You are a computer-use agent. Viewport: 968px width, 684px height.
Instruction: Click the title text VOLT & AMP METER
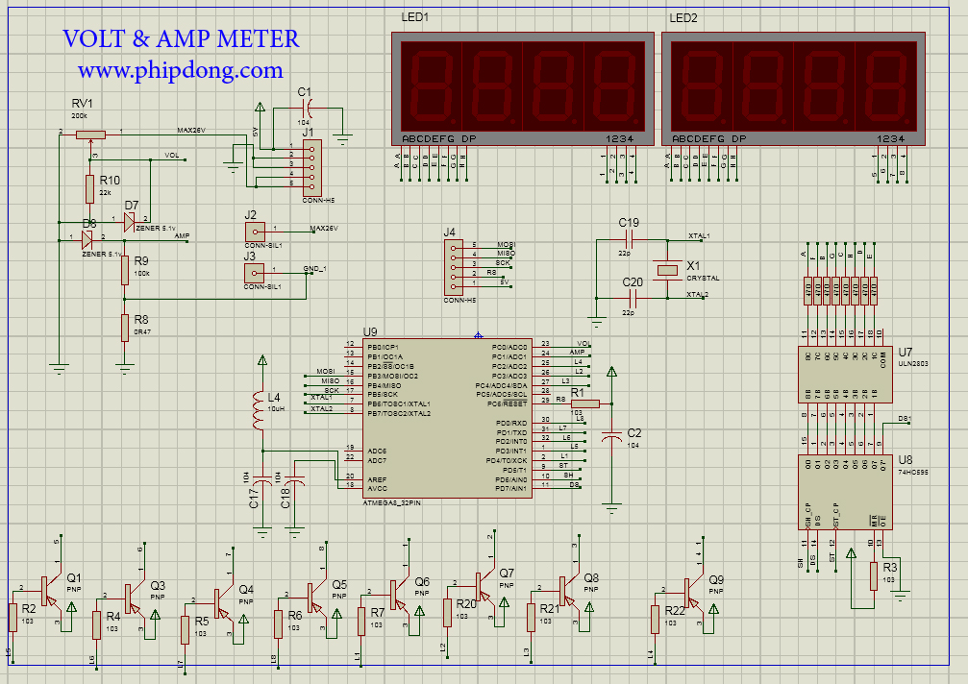tap(181, 39)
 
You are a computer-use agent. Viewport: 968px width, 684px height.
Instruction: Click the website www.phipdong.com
tap(181, 70)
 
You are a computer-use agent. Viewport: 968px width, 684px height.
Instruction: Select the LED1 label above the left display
tap(414, 18)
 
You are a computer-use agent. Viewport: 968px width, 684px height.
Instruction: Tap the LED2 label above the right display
tap(683, 18)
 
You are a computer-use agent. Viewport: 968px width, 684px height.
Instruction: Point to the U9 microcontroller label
tap(370, 331)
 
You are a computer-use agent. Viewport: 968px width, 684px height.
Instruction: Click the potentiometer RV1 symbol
tap(90, 135)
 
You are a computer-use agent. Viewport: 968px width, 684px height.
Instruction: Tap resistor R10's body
tap(90, 189)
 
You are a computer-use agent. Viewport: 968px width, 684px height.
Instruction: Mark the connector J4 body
tap(452, 268)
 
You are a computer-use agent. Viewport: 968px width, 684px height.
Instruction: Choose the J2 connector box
tap(254, 231)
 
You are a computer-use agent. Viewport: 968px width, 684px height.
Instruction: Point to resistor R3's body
tap(874, 574)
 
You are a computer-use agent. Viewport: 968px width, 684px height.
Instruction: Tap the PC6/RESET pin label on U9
tap(509, 404)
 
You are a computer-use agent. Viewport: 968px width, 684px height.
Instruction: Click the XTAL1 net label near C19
tap(699, 235)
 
